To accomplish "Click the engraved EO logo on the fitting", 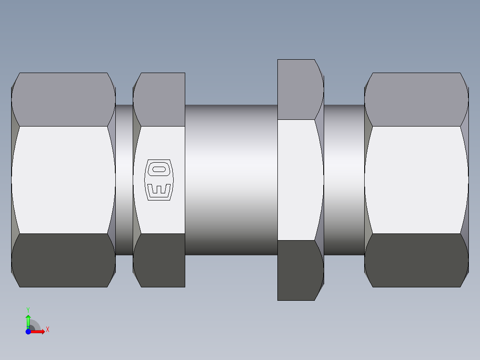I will click(159, 180).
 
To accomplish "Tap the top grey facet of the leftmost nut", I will click(63, 99).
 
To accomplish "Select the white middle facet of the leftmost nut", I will click(63, 180).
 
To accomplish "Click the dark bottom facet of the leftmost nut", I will click(63, 260).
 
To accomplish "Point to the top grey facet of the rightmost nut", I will click(416, 99).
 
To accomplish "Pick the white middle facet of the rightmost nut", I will click(416, 180).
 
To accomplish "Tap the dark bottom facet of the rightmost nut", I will click(416, 260).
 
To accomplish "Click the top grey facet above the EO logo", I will click(159, 99).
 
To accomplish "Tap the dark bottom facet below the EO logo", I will click(159, 260).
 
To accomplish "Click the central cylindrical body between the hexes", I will click(231, 180).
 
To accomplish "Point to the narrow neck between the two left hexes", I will click(124, 180).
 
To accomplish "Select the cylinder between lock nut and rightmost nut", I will click(344, 180).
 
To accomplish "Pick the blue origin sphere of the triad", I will click(28, 331).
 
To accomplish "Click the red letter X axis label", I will click(48, 330).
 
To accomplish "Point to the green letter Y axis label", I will click(28, 310).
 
